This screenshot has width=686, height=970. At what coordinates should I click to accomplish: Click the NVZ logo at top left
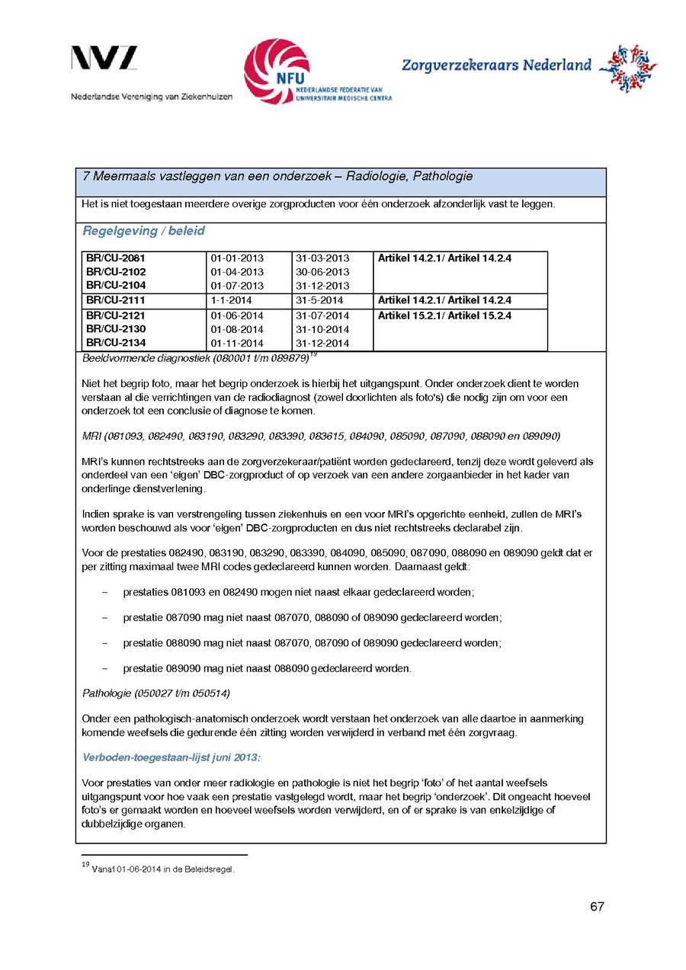click(104, 59)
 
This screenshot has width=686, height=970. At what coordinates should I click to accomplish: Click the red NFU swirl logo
click(277, 72)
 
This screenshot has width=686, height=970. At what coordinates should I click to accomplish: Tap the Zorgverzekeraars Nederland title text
click(496, 66)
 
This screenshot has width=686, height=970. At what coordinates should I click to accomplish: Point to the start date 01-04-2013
click(237, 272)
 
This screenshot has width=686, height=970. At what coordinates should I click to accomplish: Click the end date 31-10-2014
click(322, 329)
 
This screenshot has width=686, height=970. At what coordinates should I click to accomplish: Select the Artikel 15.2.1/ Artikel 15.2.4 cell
click(444, 315)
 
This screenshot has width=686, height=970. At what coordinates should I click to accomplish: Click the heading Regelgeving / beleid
click(143, 231)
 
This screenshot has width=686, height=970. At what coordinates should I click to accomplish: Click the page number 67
click(597, 907)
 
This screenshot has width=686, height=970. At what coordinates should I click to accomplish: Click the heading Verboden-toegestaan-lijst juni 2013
click(172, 758)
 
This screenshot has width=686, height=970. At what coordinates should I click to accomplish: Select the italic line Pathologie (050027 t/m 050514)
click(156, 693)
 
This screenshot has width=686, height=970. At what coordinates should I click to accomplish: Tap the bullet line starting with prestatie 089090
click(267, 669)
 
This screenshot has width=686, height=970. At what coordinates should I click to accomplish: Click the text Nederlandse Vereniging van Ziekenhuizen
click(152, 97)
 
